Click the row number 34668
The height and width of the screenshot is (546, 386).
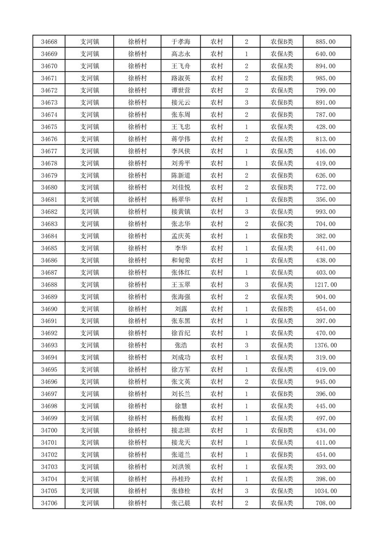(49, 42)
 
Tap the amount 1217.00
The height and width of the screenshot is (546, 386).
(326, 285)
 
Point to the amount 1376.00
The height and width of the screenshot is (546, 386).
(326, 346)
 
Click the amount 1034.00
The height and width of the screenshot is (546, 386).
(326, 491)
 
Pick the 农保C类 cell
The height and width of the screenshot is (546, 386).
(281, 224)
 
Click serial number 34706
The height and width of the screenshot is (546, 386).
(49, 503)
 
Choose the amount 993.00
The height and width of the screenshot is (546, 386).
(326, 212)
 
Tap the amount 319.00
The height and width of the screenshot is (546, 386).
(326, 358)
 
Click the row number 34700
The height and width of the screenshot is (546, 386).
(49, 430)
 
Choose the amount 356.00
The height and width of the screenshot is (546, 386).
(326, 200)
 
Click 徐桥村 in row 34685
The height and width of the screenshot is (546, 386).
(137, 248)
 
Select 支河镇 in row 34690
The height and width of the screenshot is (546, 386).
(90, 309)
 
